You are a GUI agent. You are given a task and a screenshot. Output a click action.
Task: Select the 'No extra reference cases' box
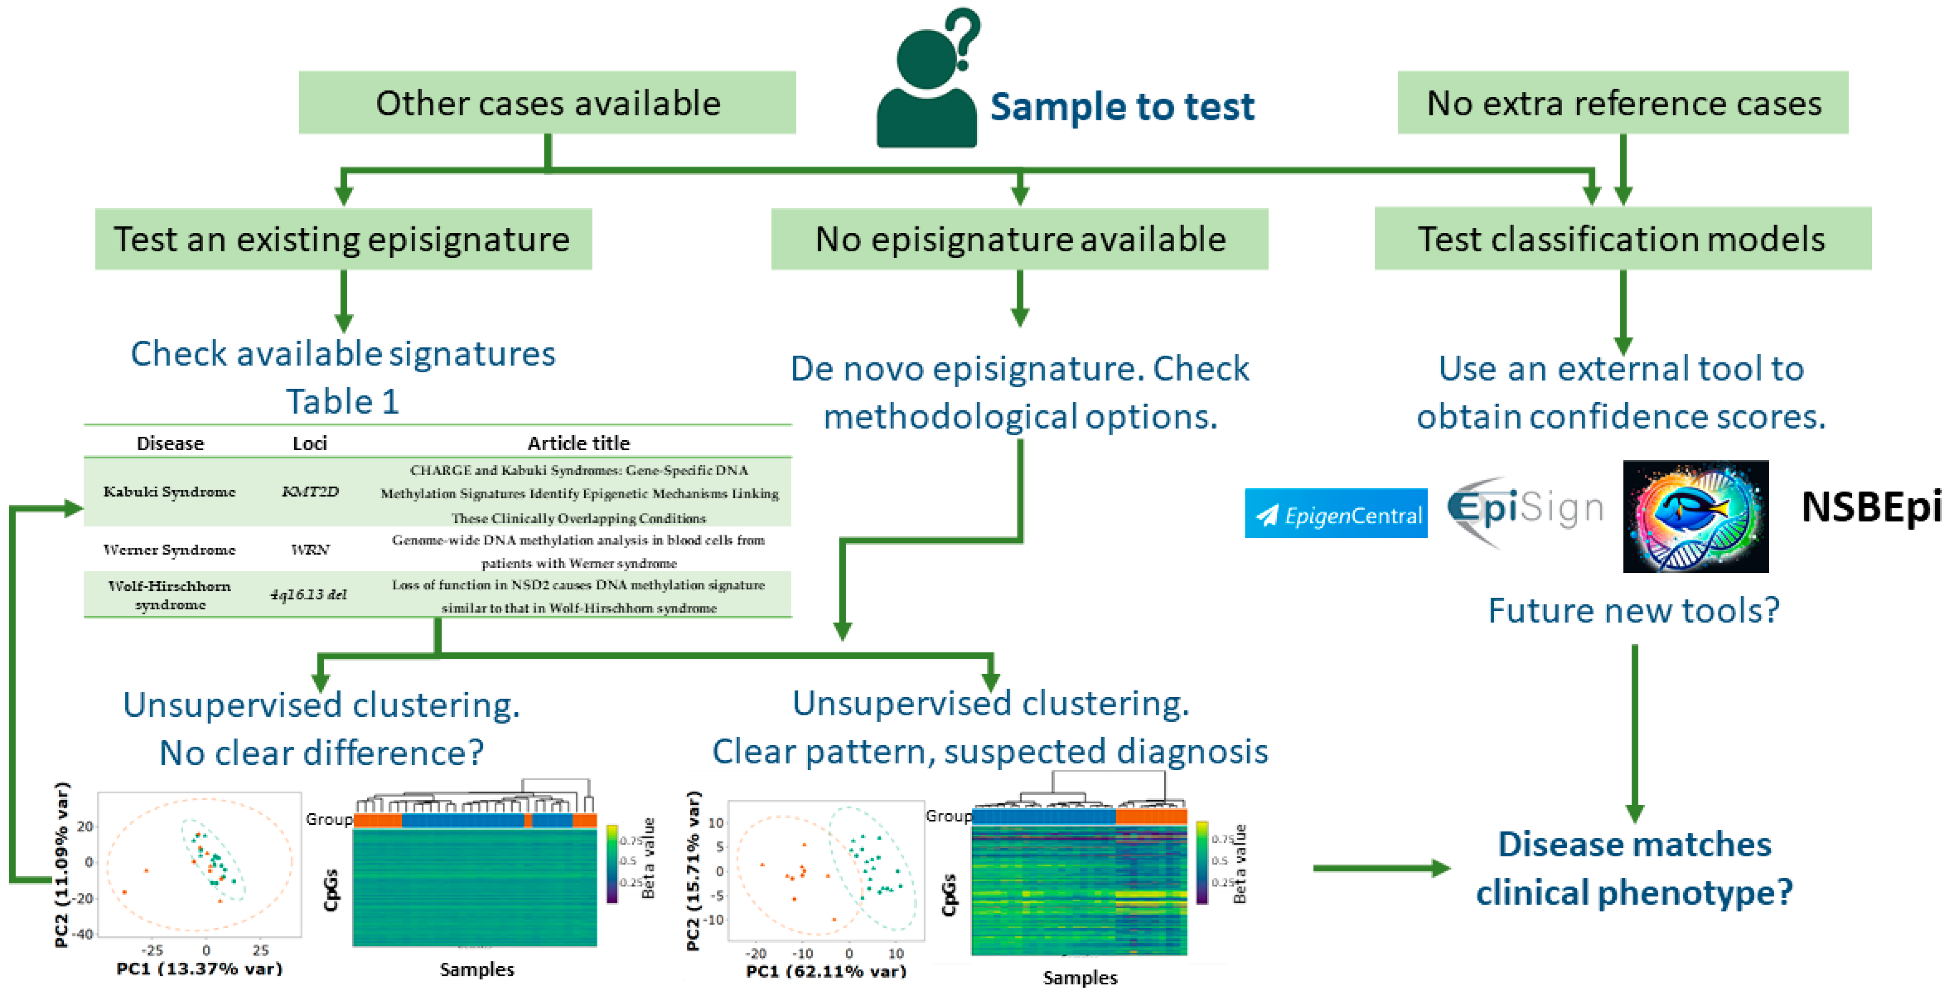click(x=1622, y=103)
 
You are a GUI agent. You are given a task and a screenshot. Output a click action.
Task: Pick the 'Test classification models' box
click(x=1622, y=239)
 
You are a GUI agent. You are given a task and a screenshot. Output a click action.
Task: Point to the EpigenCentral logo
click(x=1335, y=514)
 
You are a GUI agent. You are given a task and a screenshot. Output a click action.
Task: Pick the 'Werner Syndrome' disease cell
click(x=169, y=550)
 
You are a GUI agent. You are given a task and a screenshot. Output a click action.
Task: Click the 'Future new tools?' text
click(x=1634, y=610)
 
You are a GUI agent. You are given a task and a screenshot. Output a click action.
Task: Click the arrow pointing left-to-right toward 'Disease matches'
click(x=1380, y=868)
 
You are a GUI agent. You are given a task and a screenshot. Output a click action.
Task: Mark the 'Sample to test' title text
click(x=1122, y=107)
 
